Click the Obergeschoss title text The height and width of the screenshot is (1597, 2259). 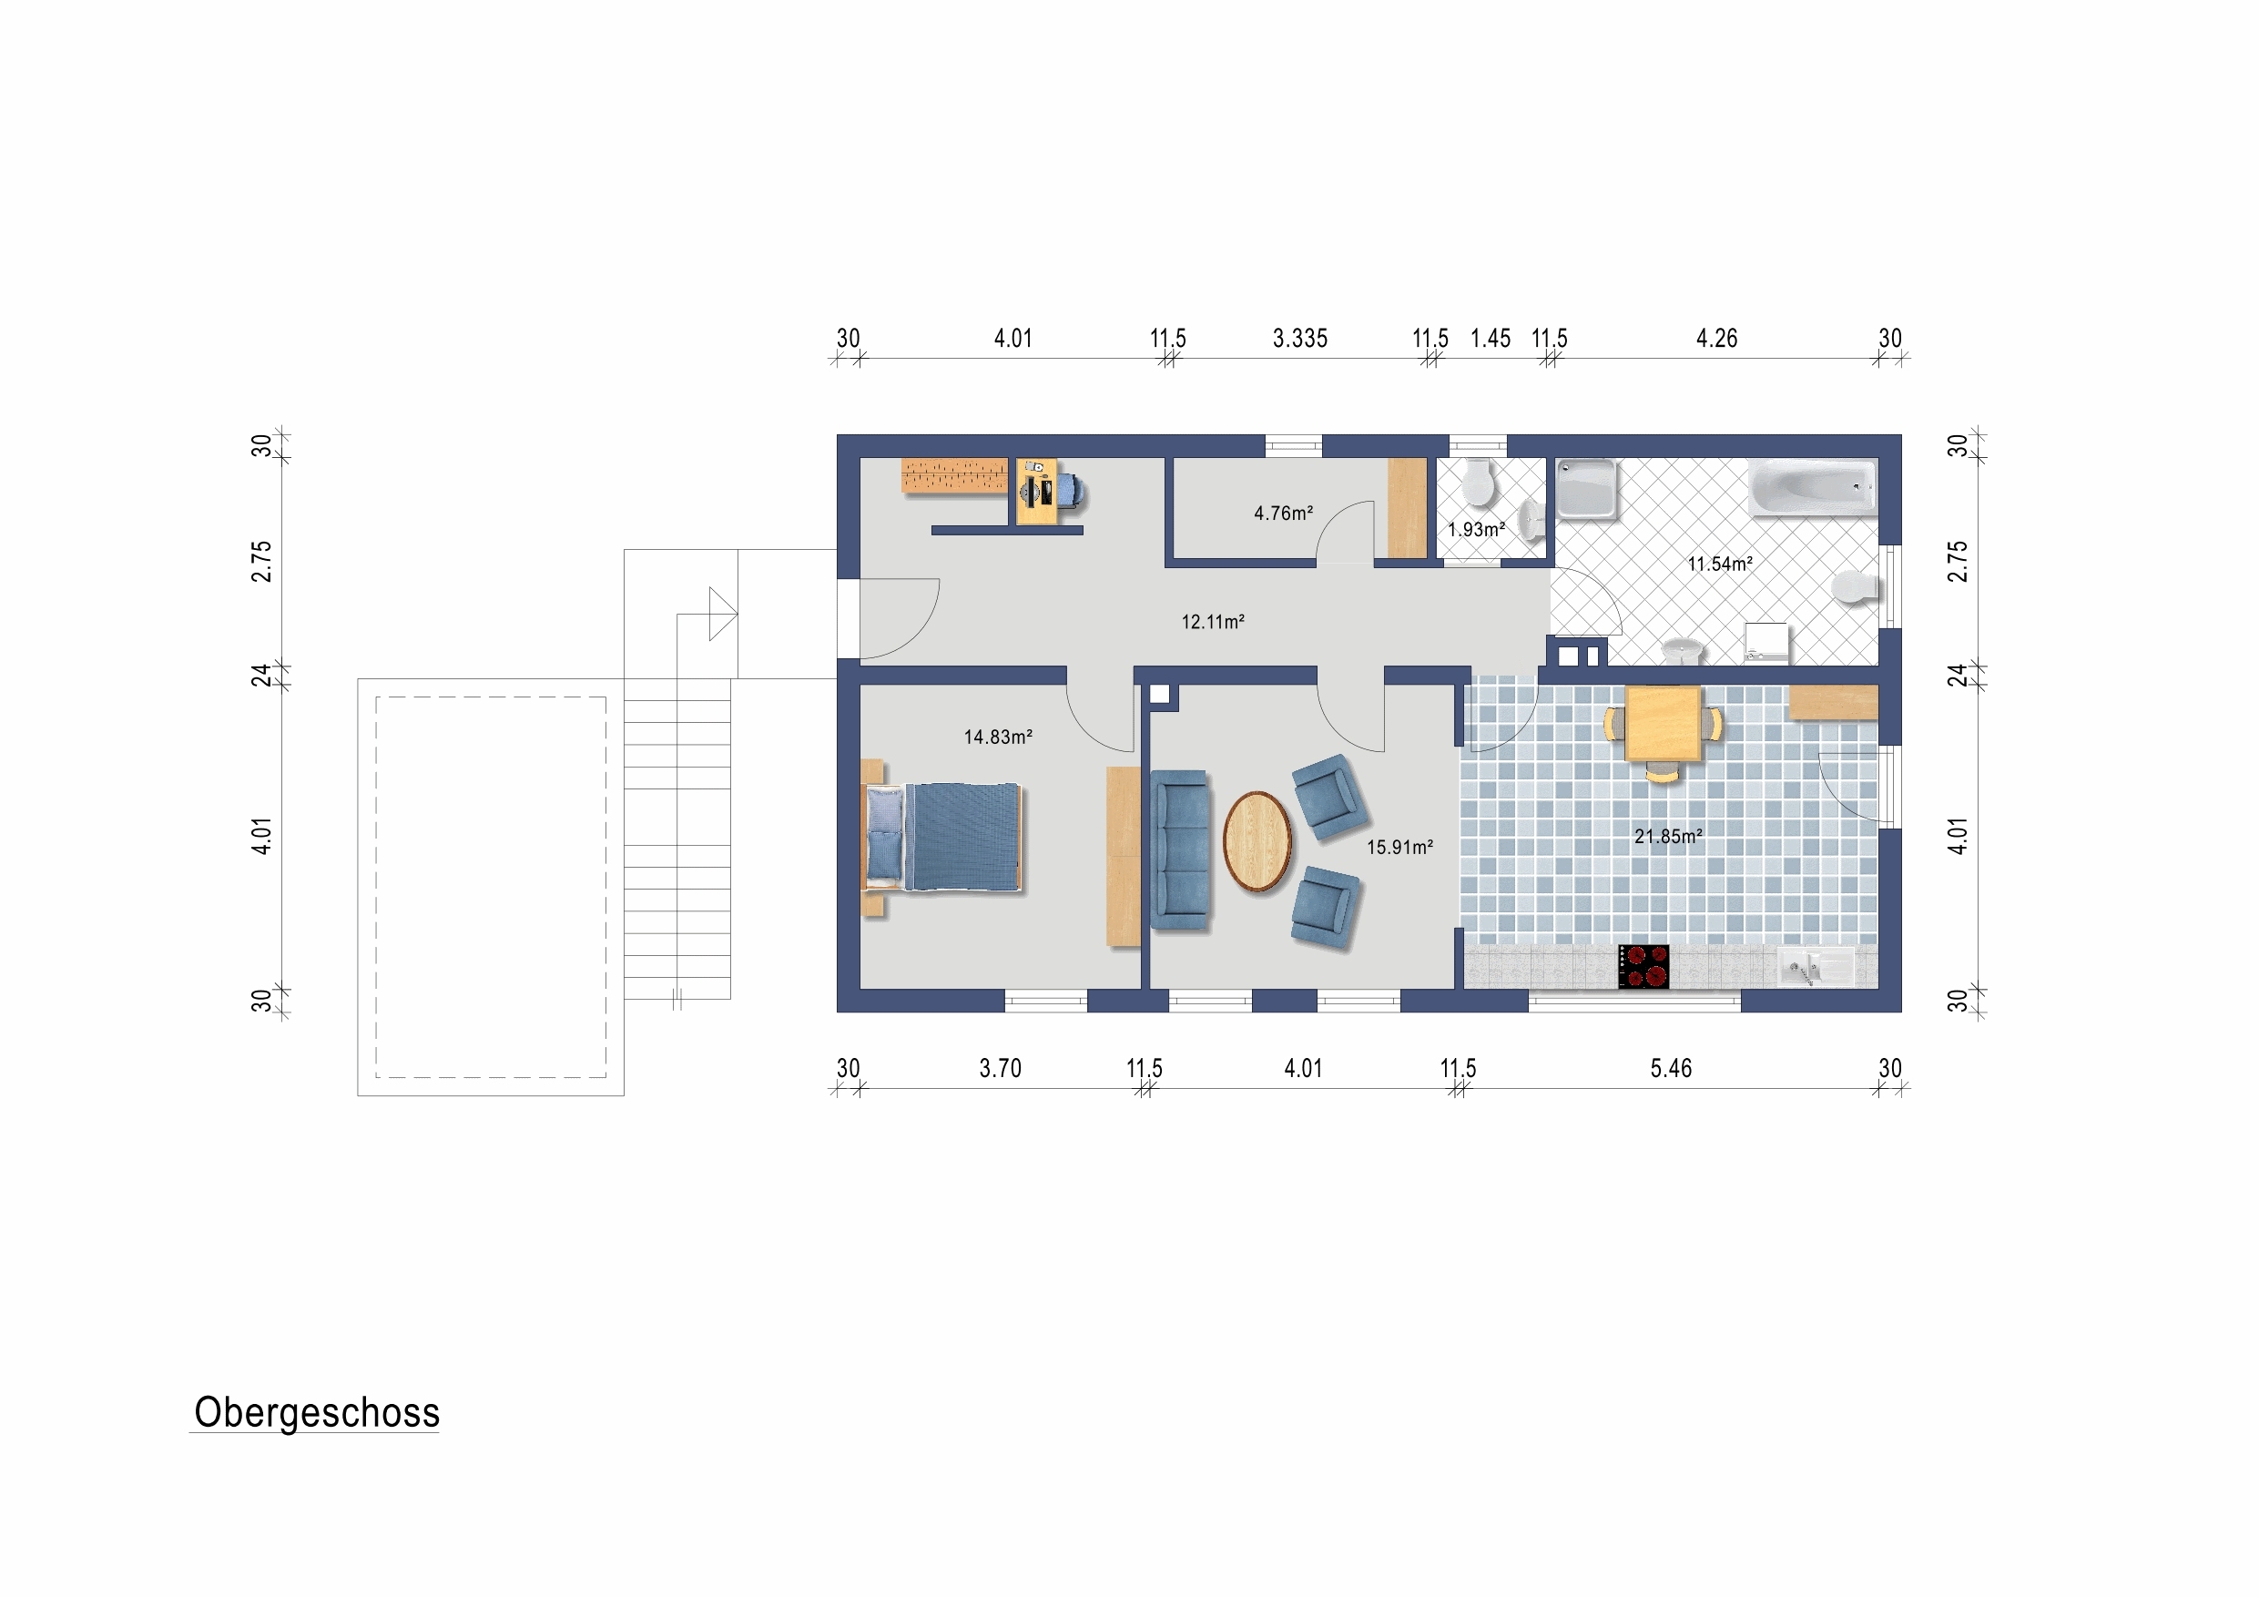(317, 1413)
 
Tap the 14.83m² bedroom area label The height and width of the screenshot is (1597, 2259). (998, 737)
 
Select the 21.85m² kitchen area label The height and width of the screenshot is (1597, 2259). (1669, 837)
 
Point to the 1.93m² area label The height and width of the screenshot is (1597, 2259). (1476, 529)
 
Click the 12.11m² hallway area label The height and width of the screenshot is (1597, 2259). (1213, 622)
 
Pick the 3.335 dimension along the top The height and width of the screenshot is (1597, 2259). (1299, 339)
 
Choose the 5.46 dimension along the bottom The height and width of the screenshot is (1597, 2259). (1671, 1069)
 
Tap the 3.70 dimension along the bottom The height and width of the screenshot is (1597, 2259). (1000, 1069)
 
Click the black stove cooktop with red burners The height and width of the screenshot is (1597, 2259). (1643, 966)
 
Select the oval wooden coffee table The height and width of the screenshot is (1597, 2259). (1257, 841)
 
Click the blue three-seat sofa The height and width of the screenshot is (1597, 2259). (1179, 849)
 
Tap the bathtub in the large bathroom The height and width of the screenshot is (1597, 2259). (1811, 489)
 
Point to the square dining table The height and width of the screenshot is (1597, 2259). (1663, 723)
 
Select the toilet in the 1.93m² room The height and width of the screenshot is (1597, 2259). (1478, 483)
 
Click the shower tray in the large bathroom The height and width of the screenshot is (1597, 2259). (1586, 489)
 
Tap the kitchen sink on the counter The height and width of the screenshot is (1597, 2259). (1816, 967)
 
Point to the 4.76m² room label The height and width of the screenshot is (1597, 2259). (1283, 514)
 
